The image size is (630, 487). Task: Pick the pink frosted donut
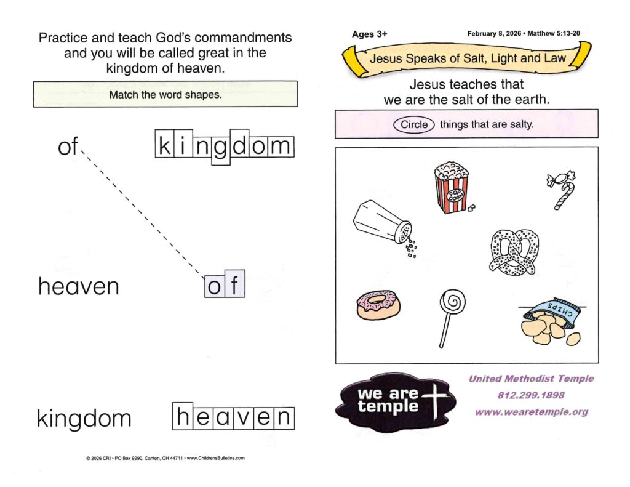pyautogui.click(x=375, y=305)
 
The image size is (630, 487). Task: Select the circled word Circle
pyautogui.click(x=414, y=124)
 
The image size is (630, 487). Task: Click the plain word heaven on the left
pyautogui.click(x=78, y=286)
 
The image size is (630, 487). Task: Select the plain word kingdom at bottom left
pyautogui.click(x=84, y=419)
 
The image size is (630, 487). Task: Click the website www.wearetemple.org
pyautogui.click(x=531, y=411)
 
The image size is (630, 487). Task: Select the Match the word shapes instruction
pyautogui.click(x=165, y=95)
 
